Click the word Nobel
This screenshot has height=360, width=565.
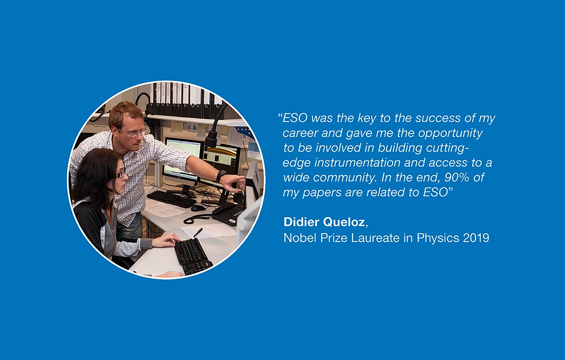[300, 238]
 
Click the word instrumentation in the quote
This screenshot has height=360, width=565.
[358, 163]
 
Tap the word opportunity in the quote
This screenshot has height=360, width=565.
[450, 133]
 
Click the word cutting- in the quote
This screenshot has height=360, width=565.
[447, 148]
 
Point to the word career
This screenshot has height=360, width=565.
[300, 133]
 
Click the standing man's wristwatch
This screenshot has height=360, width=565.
[221, 176]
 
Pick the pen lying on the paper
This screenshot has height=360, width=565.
[198, 232]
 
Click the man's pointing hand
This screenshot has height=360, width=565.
[235, 183]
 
